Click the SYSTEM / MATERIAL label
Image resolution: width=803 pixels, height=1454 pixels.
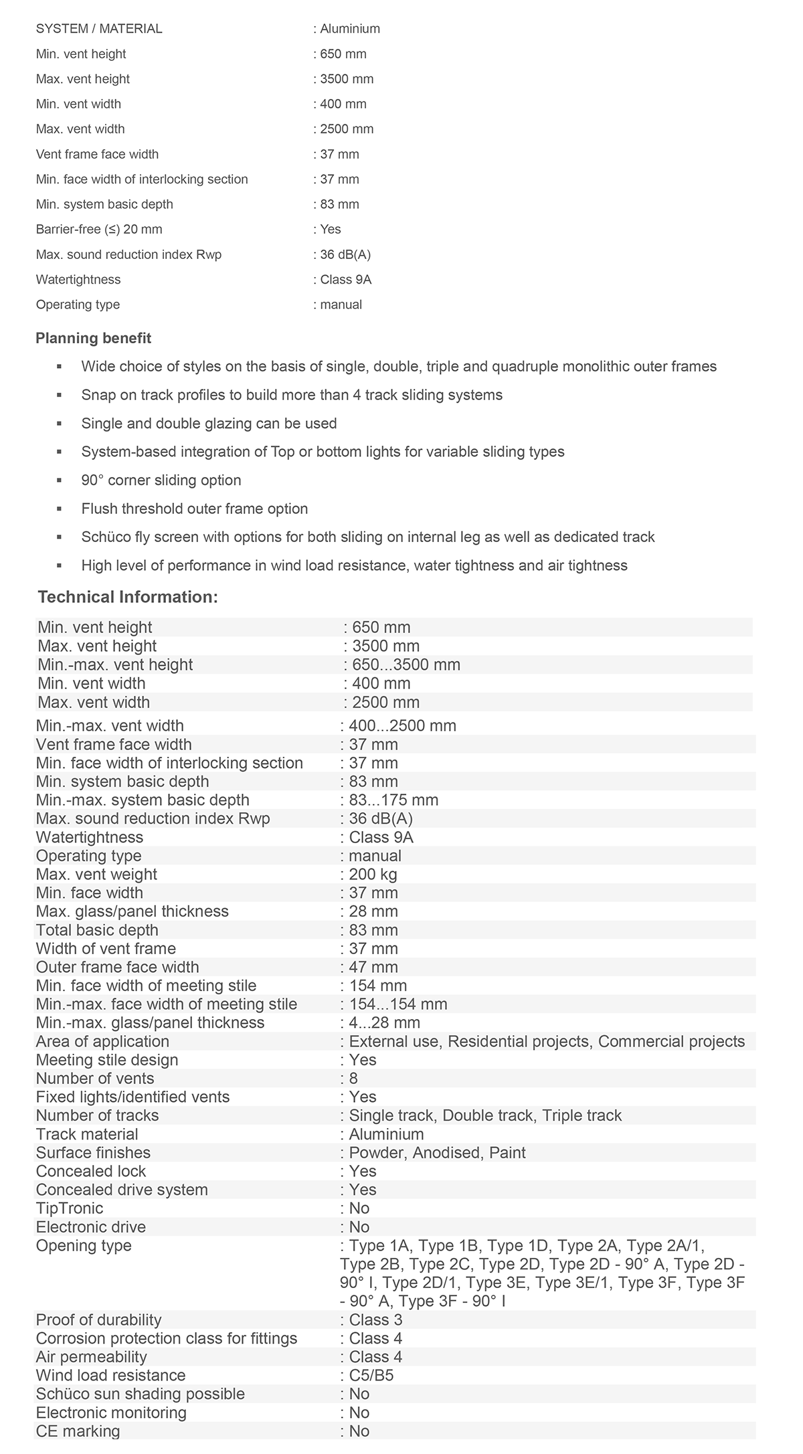(99, 29)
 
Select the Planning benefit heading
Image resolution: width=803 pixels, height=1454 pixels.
(93, 338)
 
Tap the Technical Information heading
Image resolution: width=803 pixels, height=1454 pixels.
(128, 597)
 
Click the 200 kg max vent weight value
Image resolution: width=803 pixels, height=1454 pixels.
(373, 874)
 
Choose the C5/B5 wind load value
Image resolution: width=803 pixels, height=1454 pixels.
(371, 1375)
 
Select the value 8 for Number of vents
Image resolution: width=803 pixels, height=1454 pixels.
(353, 1078)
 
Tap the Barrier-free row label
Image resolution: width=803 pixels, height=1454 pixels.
(99, 230)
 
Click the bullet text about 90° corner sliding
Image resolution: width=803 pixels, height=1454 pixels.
(161, 480)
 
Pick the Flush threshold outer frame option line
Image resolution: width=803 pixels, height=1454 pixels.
(195, 509)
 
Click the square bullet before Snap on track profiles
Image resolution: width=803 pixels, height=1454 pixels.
(60, 395)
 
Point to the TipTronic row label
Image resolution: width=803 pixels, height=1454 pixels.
(70, 1208)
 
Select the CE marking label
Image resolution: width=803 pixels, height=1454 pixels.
(78, 1431)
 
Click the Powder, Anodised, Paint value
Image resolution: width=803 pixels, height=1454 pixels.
(437, 1152)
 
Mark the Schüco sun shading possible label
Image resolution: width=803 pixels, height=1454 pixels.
(140, 1393)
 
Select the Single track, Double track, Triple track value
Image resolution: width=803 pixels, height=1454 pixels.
(485, 1115)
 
